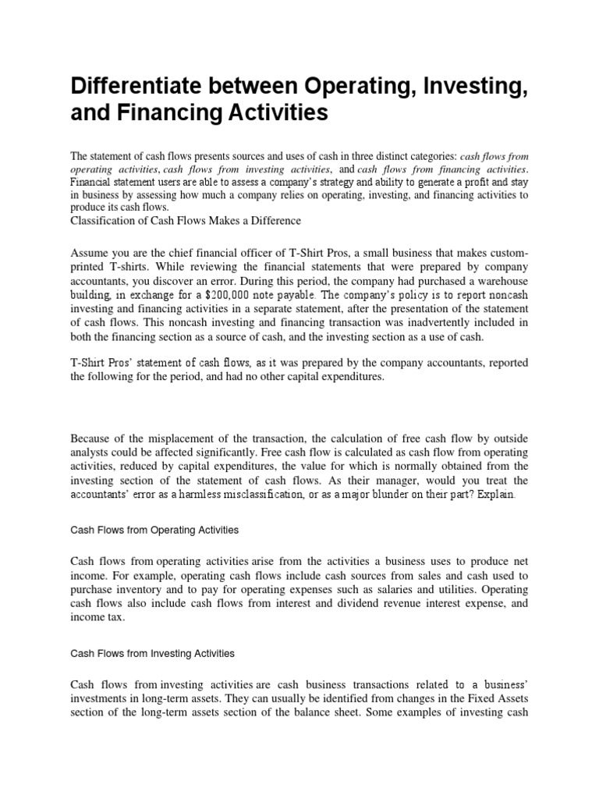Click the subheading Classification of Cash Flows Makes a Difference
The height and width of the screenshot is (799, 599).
(186, 221)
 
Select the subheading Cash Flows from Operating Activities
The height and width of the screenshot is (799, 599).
(154, 530)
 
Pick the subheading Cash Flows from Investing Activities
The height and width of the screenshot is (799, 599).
(153, 652)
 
